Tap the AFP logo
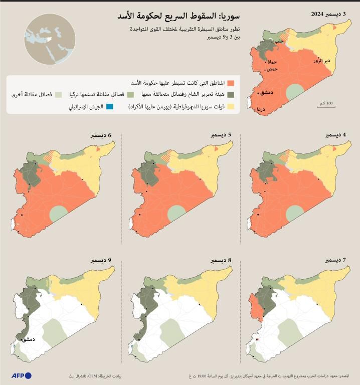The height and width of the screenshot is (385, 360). coord(21,375)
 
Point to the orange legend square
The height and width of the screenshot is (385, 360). coord(231,83)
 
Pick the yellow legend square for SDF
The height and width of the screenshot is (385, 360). coord(231,106)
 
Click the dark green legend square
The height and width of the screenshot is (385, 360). coord(231,94)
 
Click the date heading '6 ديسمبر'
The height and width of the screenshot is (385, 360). coord(100,135)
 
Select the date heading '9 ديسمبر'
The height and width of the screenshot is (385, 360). coord(100,261)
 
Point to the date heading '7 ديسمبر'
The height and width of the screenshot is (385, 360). coord(335,261)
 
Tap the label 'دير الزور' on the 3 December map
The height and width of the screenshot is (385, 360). coord(321,61)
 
